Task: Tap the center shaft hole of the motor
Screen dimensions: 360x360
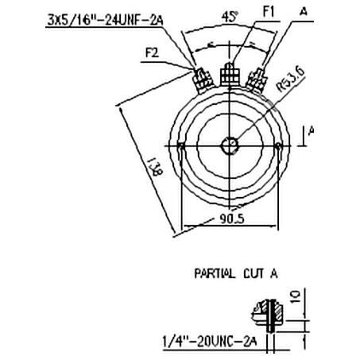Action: [x=230, y=145]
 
